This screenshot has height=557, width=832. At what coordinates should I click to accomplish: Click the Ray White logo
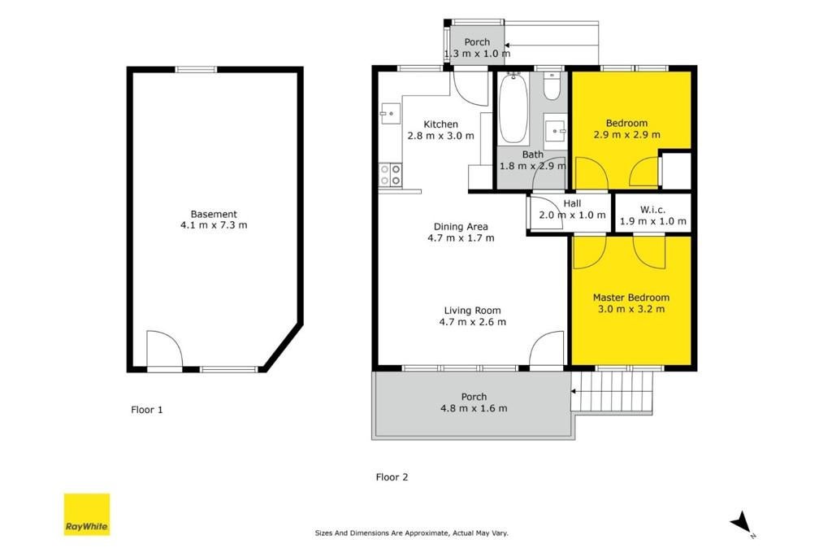[87, 514]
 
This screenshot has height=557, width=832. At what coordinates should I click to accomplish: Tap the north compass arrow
[741, 521]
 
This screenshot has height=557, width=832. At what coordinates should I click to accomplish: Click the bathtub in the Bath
[513, 109]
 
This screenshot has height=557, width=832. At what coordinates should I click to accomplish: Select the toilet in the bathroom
[552, 86]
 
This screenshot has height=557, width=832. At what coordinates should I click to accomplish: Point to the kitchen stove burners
[391, 175]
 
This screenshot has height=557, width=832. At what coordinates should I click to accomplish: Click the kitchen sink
[390, 113]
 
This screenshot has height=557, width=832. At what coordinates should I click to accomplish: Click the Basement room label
[214, 214]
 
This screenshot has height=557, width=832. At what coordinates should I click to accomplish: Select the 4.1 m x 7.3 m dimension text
[214, 225]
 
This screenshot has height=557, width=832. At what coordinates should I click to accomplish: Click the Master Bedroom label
[630, 298]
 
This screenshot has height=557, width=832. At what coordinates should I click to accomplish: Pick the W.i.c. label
[652, 210]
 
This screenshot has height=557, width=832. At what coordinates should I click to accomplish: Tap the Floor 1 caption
[147, 410]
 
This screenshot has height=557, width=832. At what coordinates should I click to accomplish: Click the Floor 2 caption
[392, 477]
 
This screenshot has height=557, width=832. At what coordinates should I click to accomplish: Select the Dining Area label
[461, 227]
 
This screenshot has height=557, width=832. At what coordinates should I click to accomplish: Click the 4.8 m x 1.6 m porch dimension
[474, 408]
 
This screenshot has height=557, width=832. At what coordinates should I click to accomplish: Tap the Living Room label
[472, 311]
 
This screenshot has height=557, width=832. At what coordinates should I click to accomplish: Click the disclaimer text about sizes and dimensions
[412, 533]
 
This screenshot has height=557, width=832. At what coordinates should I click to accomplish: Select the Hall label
[572, 203]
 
